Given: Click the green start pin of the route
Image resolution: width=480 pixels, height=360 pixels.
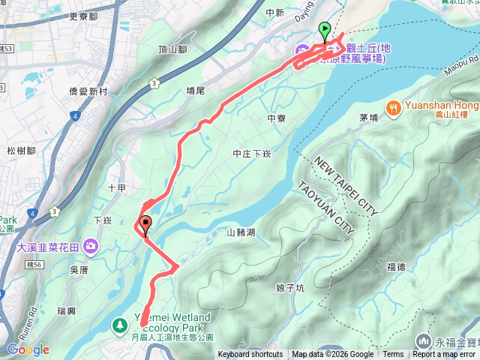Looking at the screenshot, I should click(x=325, y=31).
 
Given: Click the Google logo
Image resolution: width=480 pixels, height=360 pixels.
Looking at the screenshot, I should click(x=28, y=349).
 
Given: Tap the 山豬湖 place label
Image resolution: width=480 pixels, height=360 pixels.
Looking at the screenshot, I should click(x=241, y=232).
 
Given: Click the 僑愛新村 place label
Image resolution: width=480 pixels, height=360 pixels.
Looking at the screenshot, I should click(x=88, y=90).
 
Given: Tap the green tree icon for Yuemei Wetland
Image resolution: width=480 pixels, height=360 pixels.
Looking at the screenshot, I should click(x=119, y=325).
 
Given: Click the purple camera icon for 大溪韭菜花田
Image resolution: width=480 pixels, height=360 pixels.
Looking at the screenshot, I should click(x=91, y=245).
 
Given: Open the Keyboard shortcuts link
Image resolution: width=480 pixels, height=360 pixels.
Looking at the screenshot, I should click(x=250, y=355).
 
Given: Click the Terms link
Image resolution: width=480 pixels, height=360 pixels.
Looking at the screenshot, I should click(x=393, y=355).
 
